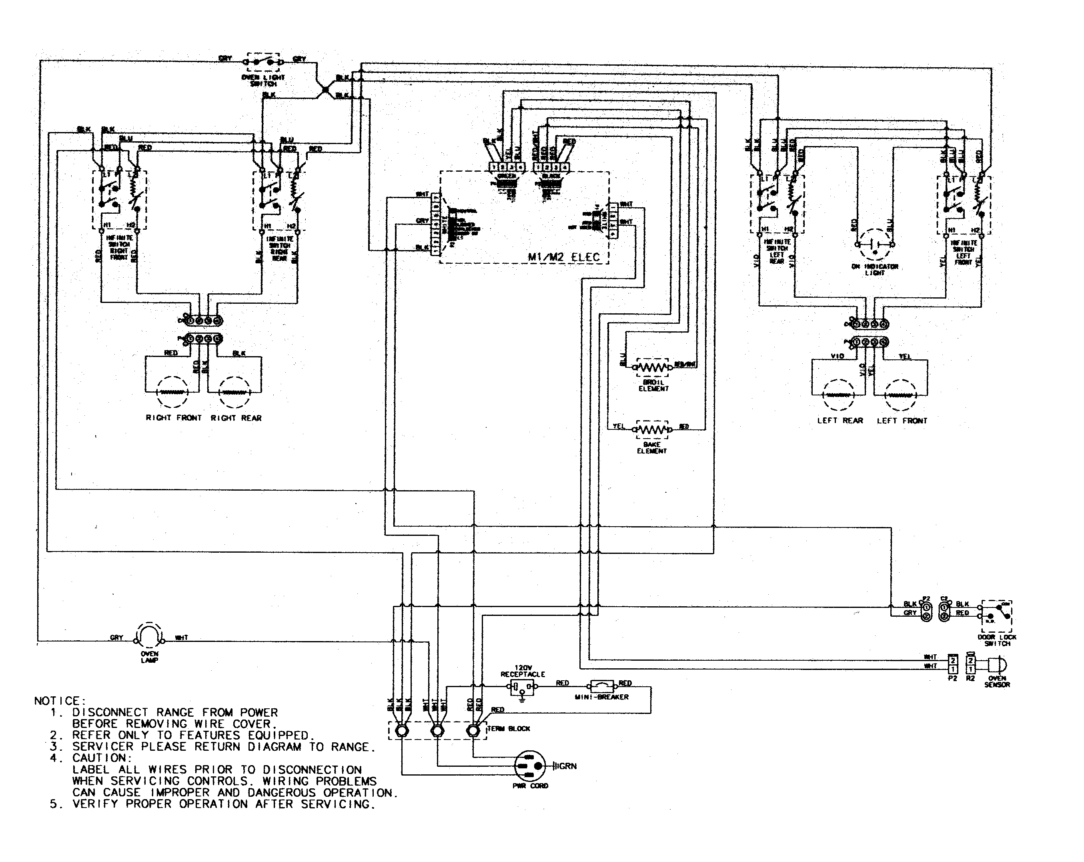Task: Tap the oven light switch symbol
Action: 263,62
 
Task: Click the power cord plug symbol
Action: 529,766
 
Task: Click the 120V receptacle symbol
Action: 522,688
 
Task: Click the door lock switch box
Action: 996,615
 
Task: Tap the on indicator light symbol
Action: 875,245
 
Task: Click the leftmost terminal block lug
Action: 402,731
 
